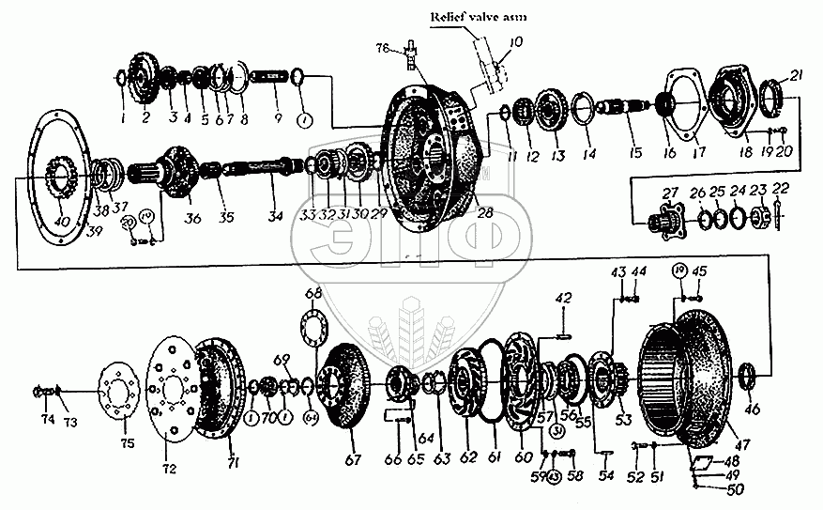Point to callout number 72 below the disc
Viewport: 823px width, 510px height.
tap(170, 467)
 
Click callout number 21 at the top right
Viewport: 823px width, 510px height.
tap(796, 75)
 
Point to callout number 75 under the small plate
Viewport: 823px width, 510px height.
tap(126, 442)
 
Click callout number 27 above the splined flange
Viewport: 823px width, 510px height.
tap(670, 193)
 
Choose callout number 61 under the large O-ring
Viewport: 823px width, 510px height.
tap(495, 458)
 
